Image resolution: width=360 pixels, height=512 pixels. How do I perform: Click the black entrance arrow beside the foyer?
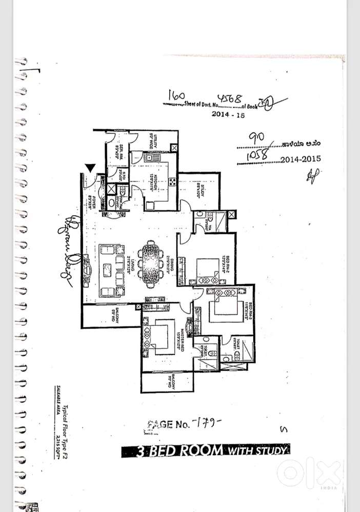[x=90, y=168]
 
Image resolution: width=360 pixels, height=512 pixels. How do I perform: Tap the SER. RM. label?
[x=117, y=154]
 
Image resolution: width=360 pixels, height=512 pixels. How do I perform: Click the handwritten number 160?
[x=176, y=95]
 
